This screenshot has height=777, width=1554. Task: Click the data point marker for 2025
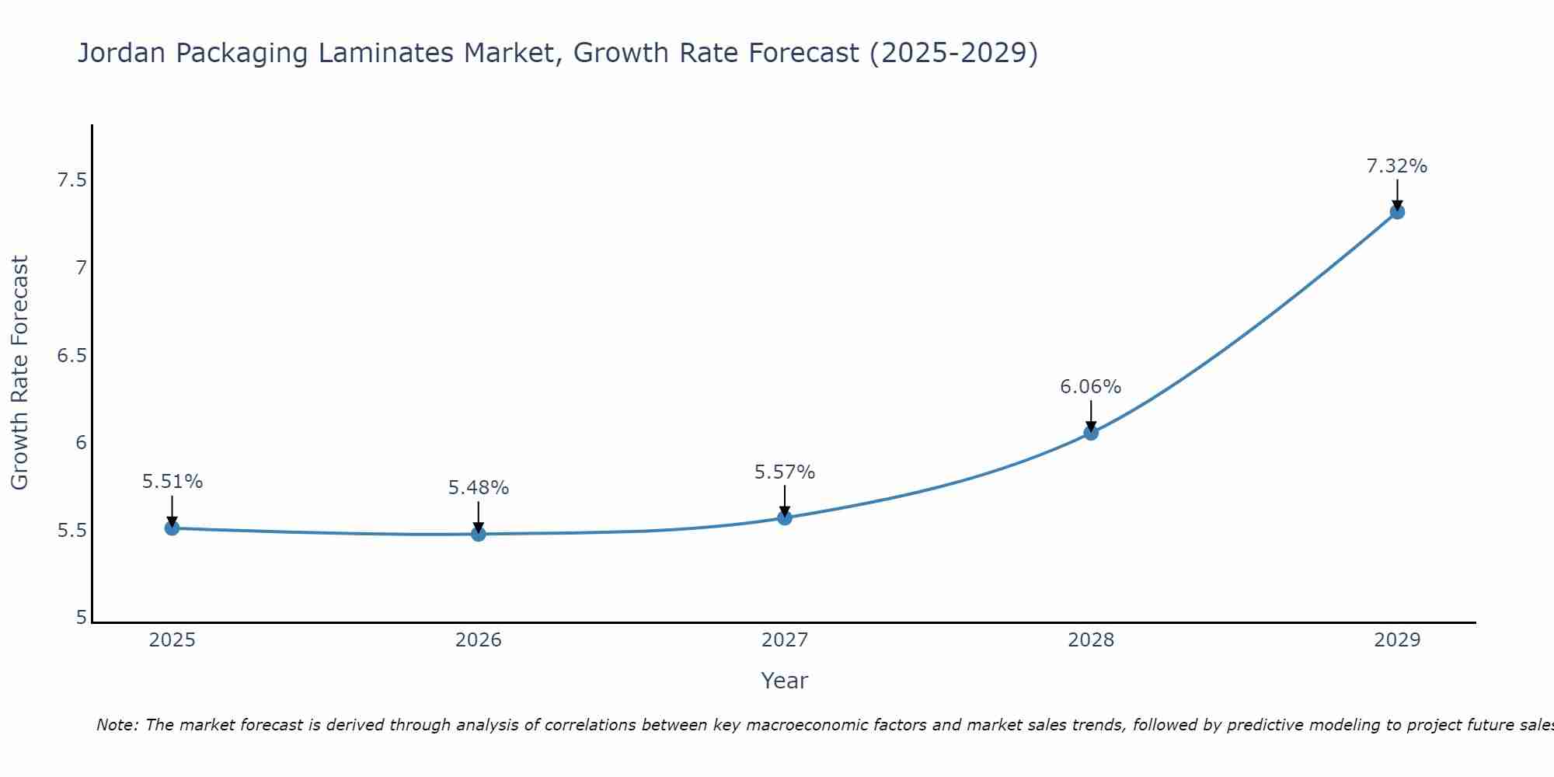172,528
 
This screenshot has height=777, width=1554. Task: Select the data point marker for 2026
479,534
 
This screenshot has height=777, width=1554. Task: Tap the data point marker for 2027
785,517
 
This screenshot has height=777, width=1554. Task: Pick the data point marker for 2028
1091,433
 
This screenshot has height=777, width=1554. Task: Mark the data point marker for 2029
1397,211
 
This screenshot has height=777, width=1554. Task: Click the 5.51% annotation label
172,482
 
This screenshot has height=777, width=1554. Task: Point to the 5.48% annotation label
479,488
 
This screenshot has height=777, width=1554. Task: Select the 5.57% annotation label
785,472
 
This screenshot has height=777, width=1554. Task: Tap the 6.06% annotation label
1091,387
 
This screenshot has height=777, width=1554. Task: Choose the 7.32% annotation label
1397,166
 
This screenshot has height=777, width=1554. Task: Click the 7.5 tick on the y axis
71,181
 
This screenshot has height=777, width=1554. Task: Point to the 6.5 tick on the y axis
71,356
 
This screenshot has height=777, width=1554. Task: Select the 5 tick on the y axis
81,618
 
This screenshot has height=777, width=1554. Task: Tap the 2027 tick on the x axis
785,640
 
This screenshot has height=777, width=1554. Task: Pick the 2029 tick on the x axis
1397,640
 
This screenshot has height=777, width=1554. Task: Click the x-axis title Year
785,681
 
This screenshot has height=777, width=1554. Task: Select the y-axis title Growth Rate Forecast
19,373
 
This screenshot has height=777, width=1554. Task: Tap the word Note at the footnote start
117,725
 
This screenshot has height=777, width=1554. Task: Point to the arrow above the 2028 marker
1091,415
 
